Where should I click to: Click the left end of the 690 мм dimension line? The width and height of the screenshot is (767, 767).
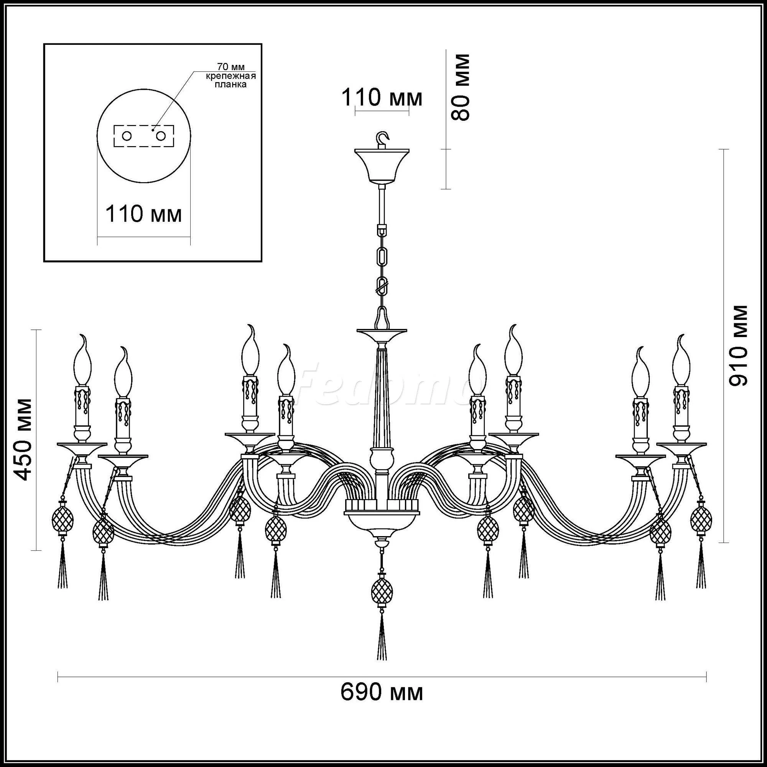click(x=58, y=640)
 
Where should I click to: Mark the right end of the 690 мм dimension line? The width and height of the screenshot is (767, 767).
click(x=706, y=640)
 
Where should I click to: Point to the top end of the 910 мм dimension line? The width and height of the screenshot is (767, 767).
click(x=724, y=149)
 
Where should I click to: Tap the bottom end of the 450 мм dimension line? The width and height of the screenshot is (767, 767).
click(x=36, y=550)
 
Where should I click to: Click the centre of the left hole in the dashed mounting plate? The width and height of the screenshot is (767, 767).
click(x=127, y=136)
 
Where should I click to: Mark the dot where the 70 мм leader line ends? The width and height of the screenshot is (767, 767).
click(x=153, y=129)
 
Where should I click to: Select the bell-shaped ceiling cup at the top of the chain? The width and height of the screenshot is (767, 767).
click(x=382, y=166)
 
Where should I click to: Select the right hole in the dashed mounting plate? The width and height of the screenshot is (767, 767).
click(x=161, y=136)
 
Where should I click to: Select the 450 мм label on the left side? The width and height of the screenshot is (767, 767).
click(x=22, y=439)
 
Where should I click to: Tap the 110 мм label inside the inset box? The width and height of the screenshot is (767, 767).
click(x=144, y=214)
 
